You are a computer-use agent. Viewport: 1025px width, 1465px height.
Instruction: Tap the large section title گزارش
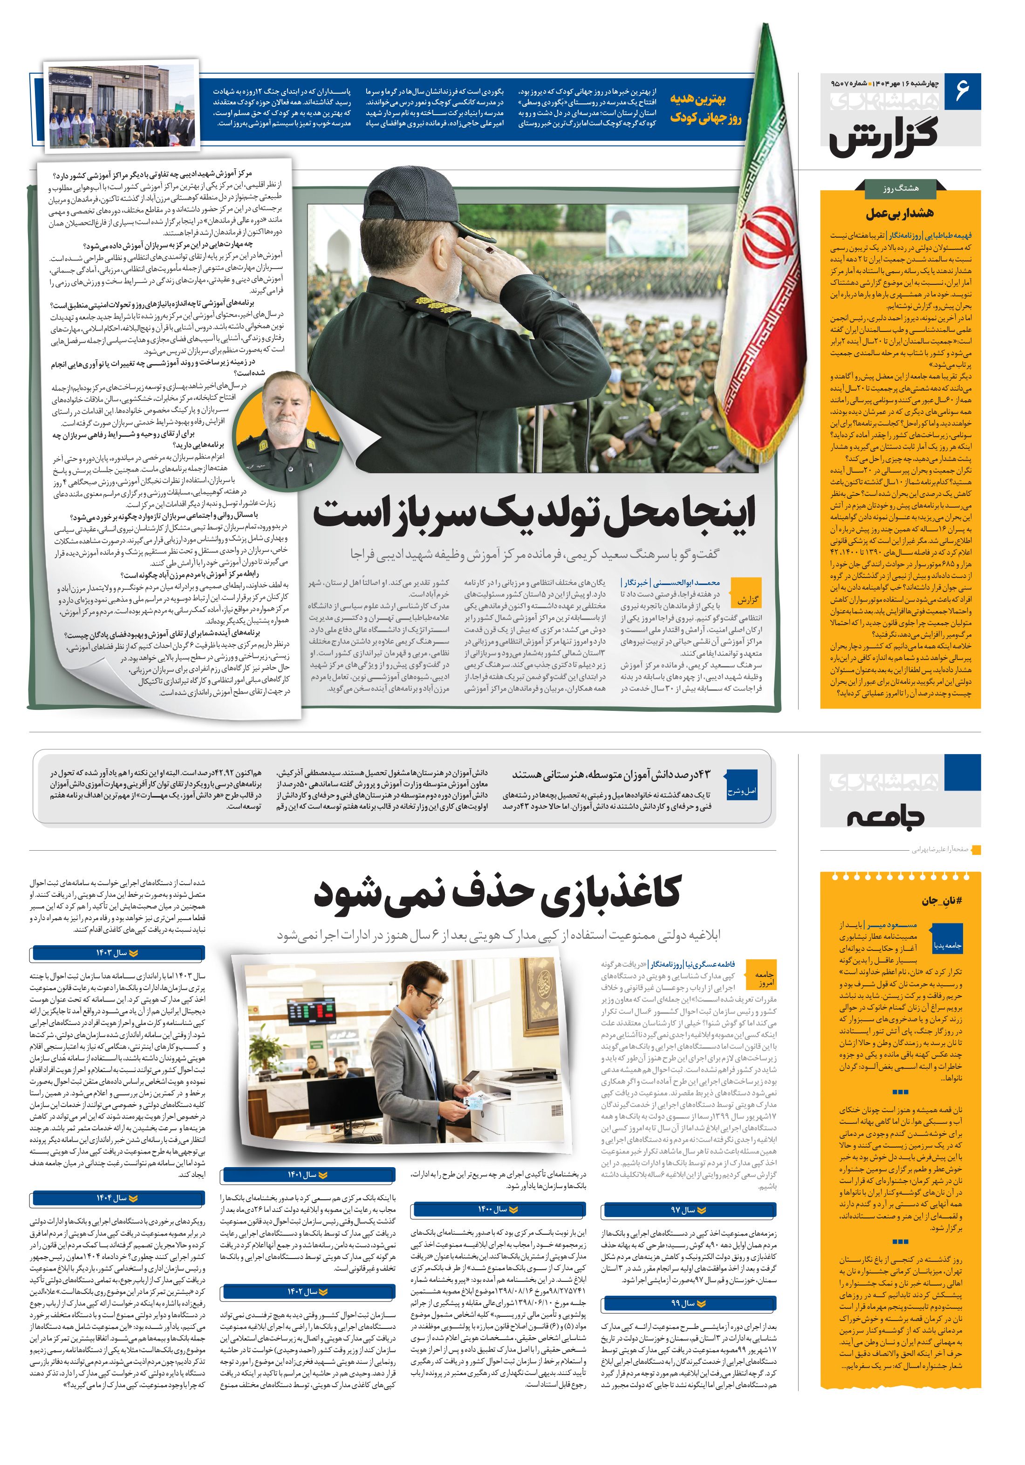(x=884, y=135)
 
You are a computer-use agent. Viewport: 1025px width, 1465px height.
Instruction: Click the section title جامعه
(x=885, y=816)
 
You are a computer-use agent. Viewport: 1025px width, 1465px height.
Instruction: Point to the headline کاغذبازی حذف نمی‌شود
(x=498, y=893)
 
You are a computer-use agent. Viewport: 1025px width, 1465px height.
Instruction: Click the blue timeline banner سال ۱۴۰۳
(x=117, y=953)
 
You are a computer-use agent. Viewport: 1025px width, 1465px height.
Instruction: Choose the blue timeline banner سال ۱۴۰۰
(x=498, y=1209)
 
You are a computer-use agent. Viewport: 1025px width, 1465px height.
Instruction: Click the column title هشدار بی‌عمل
(x=899, y=213)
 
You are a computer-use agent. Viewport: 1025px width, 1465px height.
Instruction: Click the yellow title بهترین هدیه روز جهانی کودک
(x=706, y=108)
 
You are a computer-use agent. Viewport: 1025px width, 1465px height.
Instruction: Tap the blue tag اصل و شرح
(x=742, y=791)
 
